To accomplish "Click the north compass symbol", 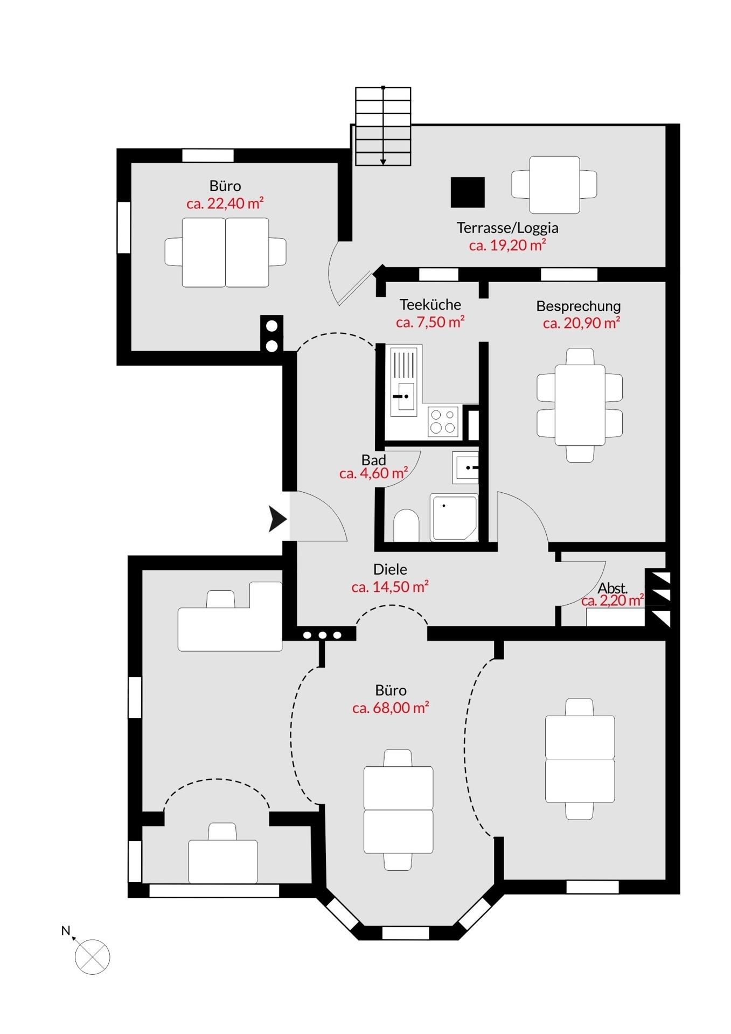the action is [92, 956].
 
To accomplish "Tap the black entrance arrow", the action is [277, 519].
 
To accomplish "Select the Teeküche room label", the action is [430, 304].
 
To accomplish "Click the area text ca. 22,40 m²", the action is [225, 204].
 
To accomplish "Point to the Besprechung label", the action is [579, 306].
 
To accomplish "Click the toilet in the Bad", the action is [407, 526].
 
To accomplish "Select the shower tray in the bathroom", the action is [454, 517].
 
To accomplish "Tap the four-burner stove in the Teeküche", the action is [443, 421].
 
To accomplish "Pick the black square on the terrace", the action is [468, 192].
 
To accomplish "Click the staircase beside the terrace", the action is [383, 126].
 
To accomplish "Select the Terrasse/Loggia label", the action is [507, 228].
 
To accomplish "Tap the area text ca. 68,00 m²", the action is [391, 708].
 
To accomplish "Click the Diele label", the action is [390, 569].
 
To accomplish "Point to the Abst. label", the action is [612, 588].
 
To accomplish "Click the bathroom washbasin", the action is [465, 467].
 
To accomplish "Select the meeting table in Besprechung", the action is [580, 405].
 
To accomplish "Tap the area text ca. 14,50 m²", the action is [390, 587].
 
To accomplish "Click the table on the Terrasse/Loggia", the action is [554, 185].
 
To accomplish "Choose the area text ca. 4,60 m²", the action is [373, 474].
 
